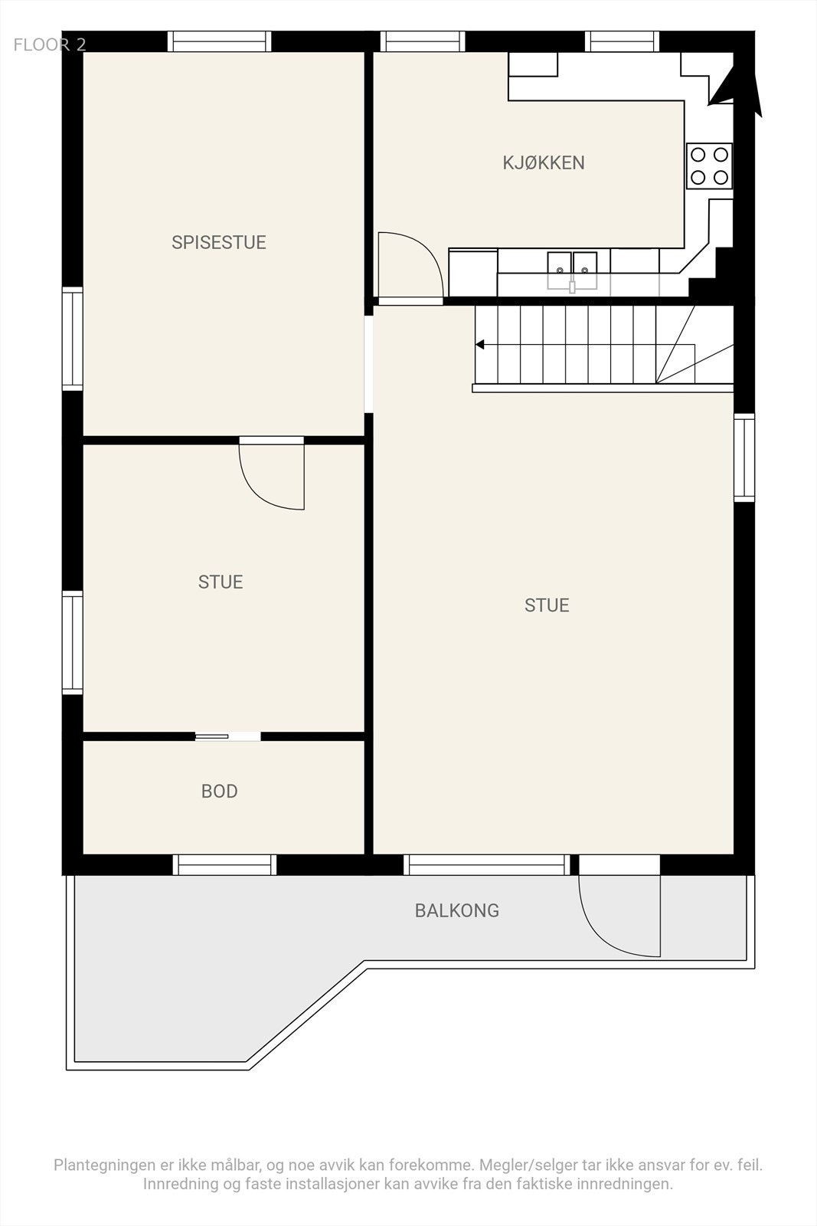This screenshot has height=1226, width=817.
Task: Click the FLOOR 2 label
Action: click(50, 44)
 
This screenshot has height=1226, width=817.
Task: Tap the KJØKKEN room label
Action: click(544, 162)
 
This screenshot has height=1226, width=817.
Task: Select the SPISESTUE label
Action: click(218, 242)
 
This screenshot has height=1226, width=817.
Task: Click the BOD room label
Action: click(219, 791)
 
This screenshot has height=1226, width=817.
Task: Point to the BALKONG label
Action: click(456, 910)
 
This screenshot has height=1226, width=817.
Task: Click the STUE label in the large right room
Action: click(547, 605)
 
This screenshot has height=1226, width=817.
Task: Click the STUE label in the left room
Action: click(221, 582)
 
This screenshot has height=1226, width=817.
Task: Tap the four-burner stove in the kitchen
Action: click(709, 166)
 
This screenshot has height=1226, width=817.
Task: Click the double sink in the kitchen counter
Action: click(572, 265)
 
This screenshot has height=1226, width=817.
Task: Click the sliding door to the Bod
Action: click(227, 736)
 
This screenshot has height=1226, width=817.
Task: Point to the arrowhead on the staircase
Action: click(480, 345)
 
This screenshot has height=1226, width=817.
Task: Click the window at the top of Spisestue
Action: click(219, 41)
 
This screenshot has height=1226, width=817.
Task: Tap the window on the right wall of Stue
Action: click(743, 457)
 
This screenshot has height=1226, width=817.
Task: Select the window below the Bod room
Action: click(224, 864)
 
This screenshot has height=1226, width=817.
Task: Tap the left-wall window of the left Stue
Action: click(72, 642)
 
